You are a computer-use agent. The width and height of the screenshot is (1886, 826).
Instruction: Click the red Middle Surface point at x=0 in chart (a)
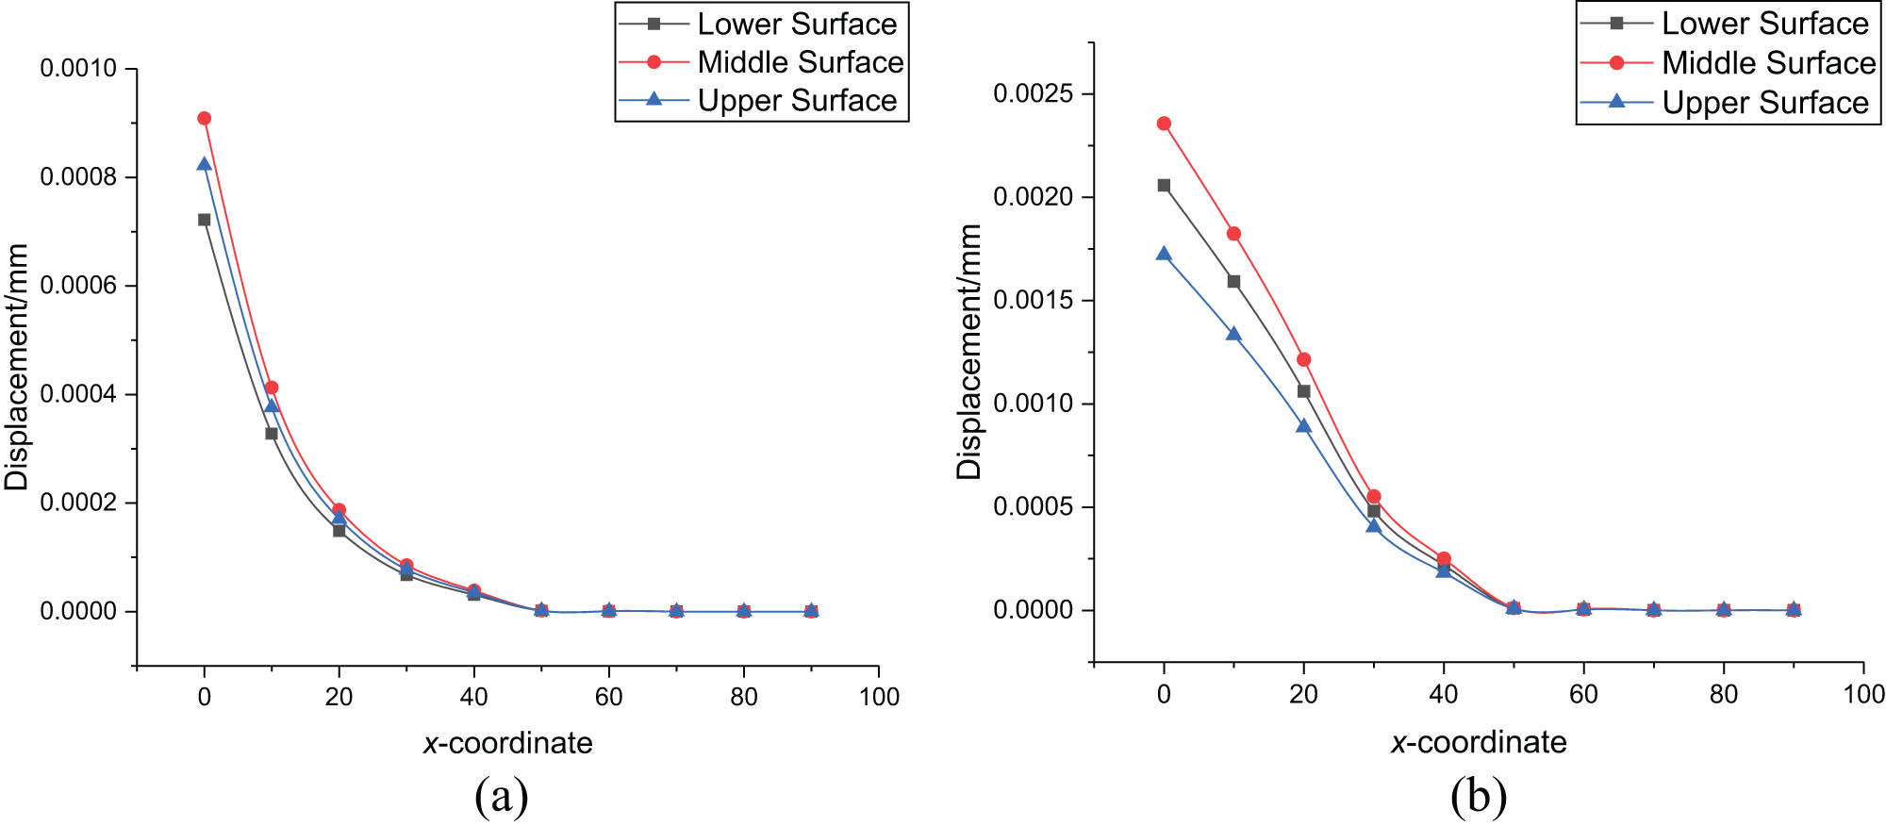point(204,119)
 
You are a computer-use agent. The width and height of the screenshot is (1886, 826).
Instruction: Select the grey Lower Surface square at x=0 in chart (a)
point(204,220)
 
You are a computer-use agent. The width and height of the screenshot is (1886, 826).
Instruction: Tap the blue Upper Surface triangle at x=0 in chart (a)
point(204,164)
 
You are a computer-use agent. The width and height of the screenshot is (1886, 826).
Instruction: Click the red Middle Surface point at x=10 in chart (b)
point(1233,234)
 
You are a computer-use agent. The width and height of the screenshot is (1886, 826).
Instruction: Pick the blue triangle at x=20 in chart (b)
point(1303,426)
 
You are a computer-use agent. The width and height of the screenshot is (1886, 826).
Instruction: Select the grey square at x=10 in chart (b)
point(1233,282)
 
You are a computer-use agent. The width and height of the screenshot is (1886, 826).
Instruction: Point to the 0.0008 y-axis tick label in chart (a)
point(78,177)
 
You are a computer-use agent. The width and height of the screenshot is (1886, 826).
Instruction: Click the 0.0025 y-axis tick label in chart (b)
point(1033,93)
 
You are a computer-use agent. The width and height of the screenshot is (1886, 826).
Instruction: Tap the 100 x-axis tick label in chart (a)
point(879,697)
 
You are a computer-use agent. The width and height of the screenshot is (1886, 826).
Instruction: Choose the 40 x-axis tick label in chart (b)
point(1443,695)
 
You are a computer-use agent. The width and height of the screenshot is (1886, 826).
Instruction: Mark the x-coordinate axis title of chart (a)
point(508,743)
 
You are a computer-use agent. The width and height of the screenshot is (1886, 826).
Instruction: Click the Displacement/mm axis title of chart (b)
point(969,352)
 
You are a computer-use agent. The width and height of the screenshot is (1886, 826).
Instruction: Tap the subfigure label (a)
point(502,797)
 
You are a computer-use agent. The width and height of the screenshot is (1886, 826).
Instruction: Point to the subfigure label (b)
point(1479,797)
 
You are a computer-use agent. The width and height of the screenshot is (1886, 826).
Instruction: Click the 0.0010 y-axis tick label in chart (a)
point(78,69)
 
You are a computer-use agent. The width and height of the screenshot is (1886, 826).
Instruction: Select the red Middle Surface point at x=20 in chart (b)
point(1303,359)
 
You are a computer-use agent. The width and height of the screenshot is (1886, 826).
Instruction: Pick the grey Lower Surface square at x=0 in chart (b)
point(1164,186)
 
